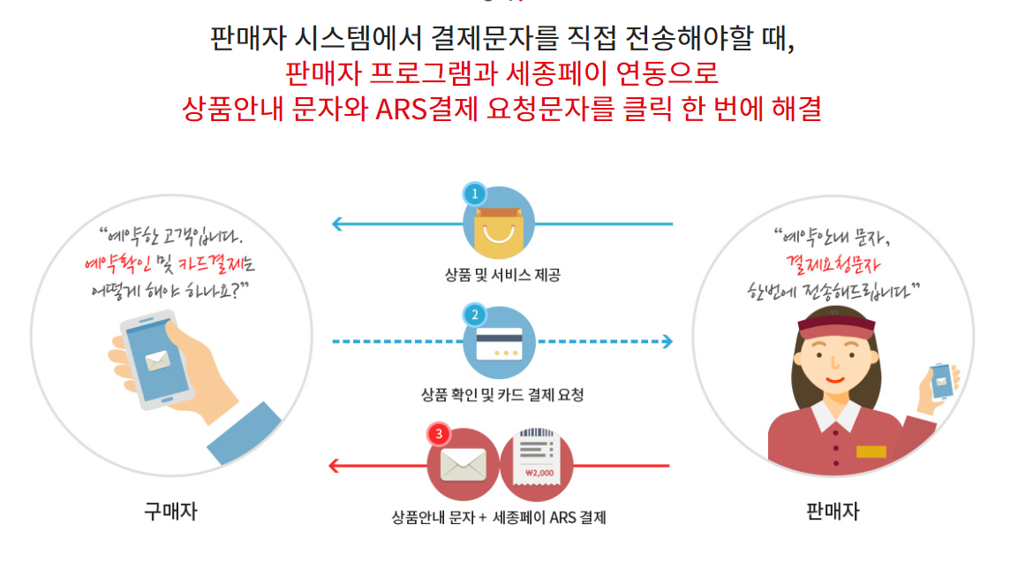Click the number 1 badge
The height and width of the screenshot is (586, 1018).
click(474, 192)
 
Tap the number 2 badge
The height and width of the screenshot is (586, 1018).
click(474, 314)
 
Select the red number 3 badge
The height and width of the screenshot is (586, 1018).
click(439, 434)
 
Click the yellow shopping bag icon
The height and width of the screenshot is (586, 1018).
click(499, 231)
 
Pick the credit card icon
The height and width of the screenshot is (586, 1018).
click(499, 343)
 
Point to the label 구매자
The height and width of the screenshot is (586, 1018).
click(170, 511)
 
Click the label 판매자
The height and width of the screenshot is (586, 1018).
click(833, 511)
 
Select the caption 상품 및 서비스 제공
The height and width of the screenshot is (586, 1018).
click(501, 275)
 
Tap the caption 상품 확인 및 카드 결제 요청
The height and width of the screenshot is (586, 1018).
click(501, 394)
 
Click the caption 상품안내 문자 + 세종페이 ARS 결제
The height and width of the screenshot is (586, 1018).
click(499, 517)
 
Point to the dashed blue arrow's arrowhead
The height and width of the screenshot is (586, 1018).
click(667, 341)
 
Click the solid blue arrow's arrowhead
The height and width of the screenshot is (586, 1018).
click(337, 224)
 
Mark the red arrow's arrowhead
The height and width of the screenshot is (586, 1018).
click(334, 465)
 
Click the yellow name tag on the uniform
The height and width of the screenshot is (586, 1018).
click(871, 452)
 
